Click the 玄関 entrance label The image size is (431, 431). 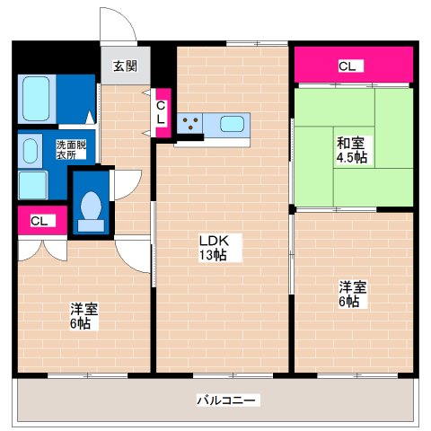pos(125,65)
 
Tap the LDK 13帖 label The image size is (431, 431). pos(213,248)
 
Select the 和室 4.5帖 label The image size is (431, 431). pos(351,150)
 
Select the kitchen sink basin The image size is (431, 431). pos(233,124)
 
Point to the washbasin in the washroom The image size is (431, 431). pos(31,150)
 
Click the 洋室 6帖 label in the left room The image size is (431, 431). pos(84,316)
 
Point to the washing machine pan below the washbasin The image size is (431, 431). pos(32,184)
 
